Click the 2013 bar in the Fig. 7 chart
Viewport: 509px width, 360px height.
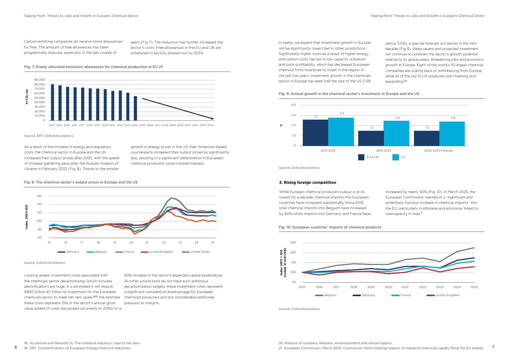point(52,102)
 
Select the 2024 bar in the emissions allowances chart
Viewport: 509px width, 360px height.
point(135,108)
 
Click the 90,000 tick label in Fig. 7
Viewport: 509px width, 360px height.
point(40,80)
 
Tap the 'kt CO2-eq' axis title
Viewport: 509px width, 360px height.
point(27,97)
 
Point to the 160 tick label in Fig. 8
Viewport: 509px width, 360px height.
point(39,196)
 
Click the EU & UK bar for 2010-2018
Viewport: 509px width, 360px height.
point(315,133)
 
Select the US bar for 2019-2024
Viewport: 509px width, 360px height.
point(396,133)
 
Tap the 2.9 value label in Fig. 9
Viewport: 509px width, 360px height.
point(452,118)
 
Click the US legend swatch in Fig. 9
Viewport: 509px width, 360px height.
point(396,157)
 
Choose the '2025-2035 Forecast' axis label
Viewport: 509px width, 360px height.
point(439,150)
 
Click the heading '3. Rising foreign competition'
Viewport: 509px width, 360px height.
point(307,183)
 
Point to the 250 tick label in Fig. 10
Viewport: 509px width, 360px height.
point(293,243)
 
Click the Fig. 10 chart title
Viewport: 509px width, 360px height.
point(330,227)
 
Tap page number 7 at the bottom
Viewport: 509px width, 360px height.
point(493,347)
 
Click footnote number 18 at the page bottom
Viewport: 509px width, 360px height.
point(26,343)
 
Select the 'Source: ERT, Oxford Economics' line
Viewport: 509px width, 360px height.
point(48,136)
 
